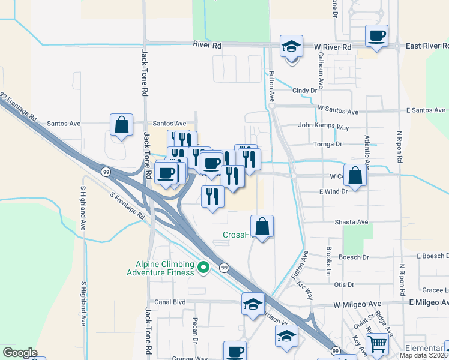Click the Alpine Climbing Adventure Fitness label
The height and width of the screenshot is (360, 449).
coord(160,268)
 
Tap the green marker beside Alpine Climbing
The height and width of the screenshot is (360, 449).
coord(203,268)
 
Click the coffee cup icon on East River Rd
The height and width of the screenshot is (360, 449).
coord(376,35)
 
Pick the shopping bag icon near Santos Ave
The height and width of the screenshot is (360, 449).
coord(121,125)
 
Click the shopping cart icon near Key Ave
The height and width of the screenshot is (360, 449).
coord(377,344)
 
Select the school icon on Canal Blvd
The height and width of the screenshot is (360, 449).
coord(253,304)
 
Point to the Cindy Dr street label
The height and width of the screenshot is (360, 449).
coord(304,91)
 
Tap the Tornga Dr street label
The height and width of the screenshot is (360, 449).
coord(327,144)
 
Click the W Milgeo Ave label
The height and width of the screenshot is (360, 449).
coord(358,305)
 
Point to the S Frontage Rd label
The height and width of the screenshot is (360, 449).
coord(127,205)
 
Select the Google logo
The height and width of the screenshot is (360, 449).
coord(20,353)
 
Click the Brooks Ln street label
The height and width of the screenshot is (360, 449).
coord(329,256)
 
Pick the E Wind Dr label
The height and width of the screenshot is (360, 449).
coord(334,191)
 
